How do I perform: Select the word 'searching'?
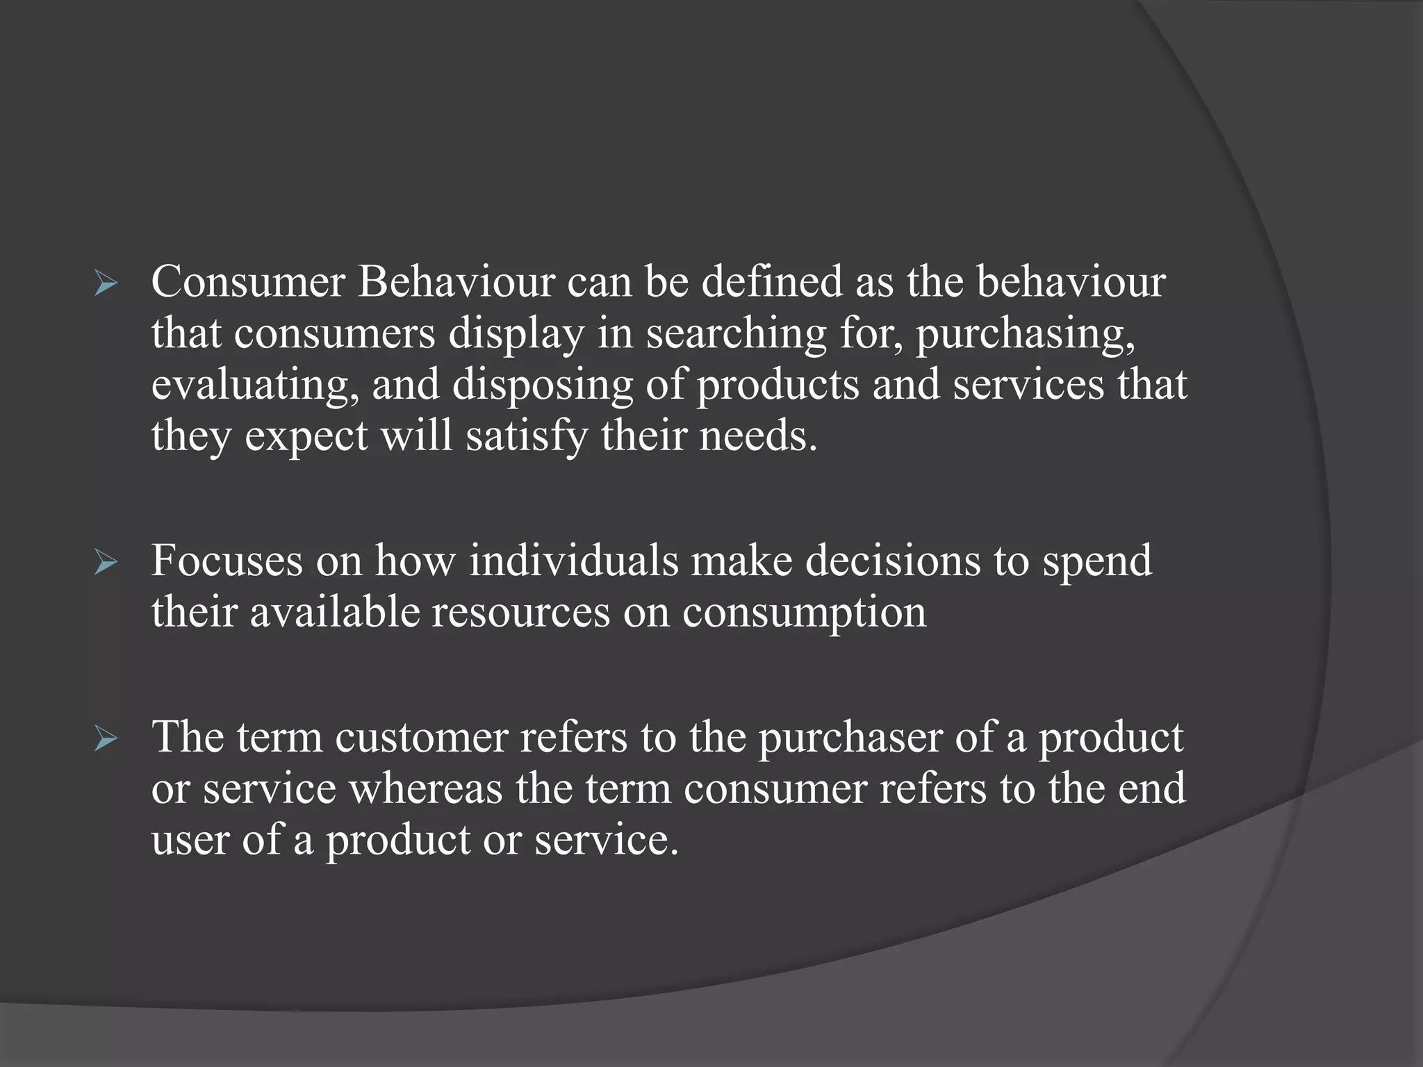coord(737,334)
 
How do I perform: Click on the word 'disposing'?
coord(543,386)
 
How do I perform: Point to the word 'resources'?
coord(521,612)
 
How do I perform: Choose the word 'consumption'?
coord(805,612)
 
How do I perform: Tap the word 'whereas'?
coord(425,788)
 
